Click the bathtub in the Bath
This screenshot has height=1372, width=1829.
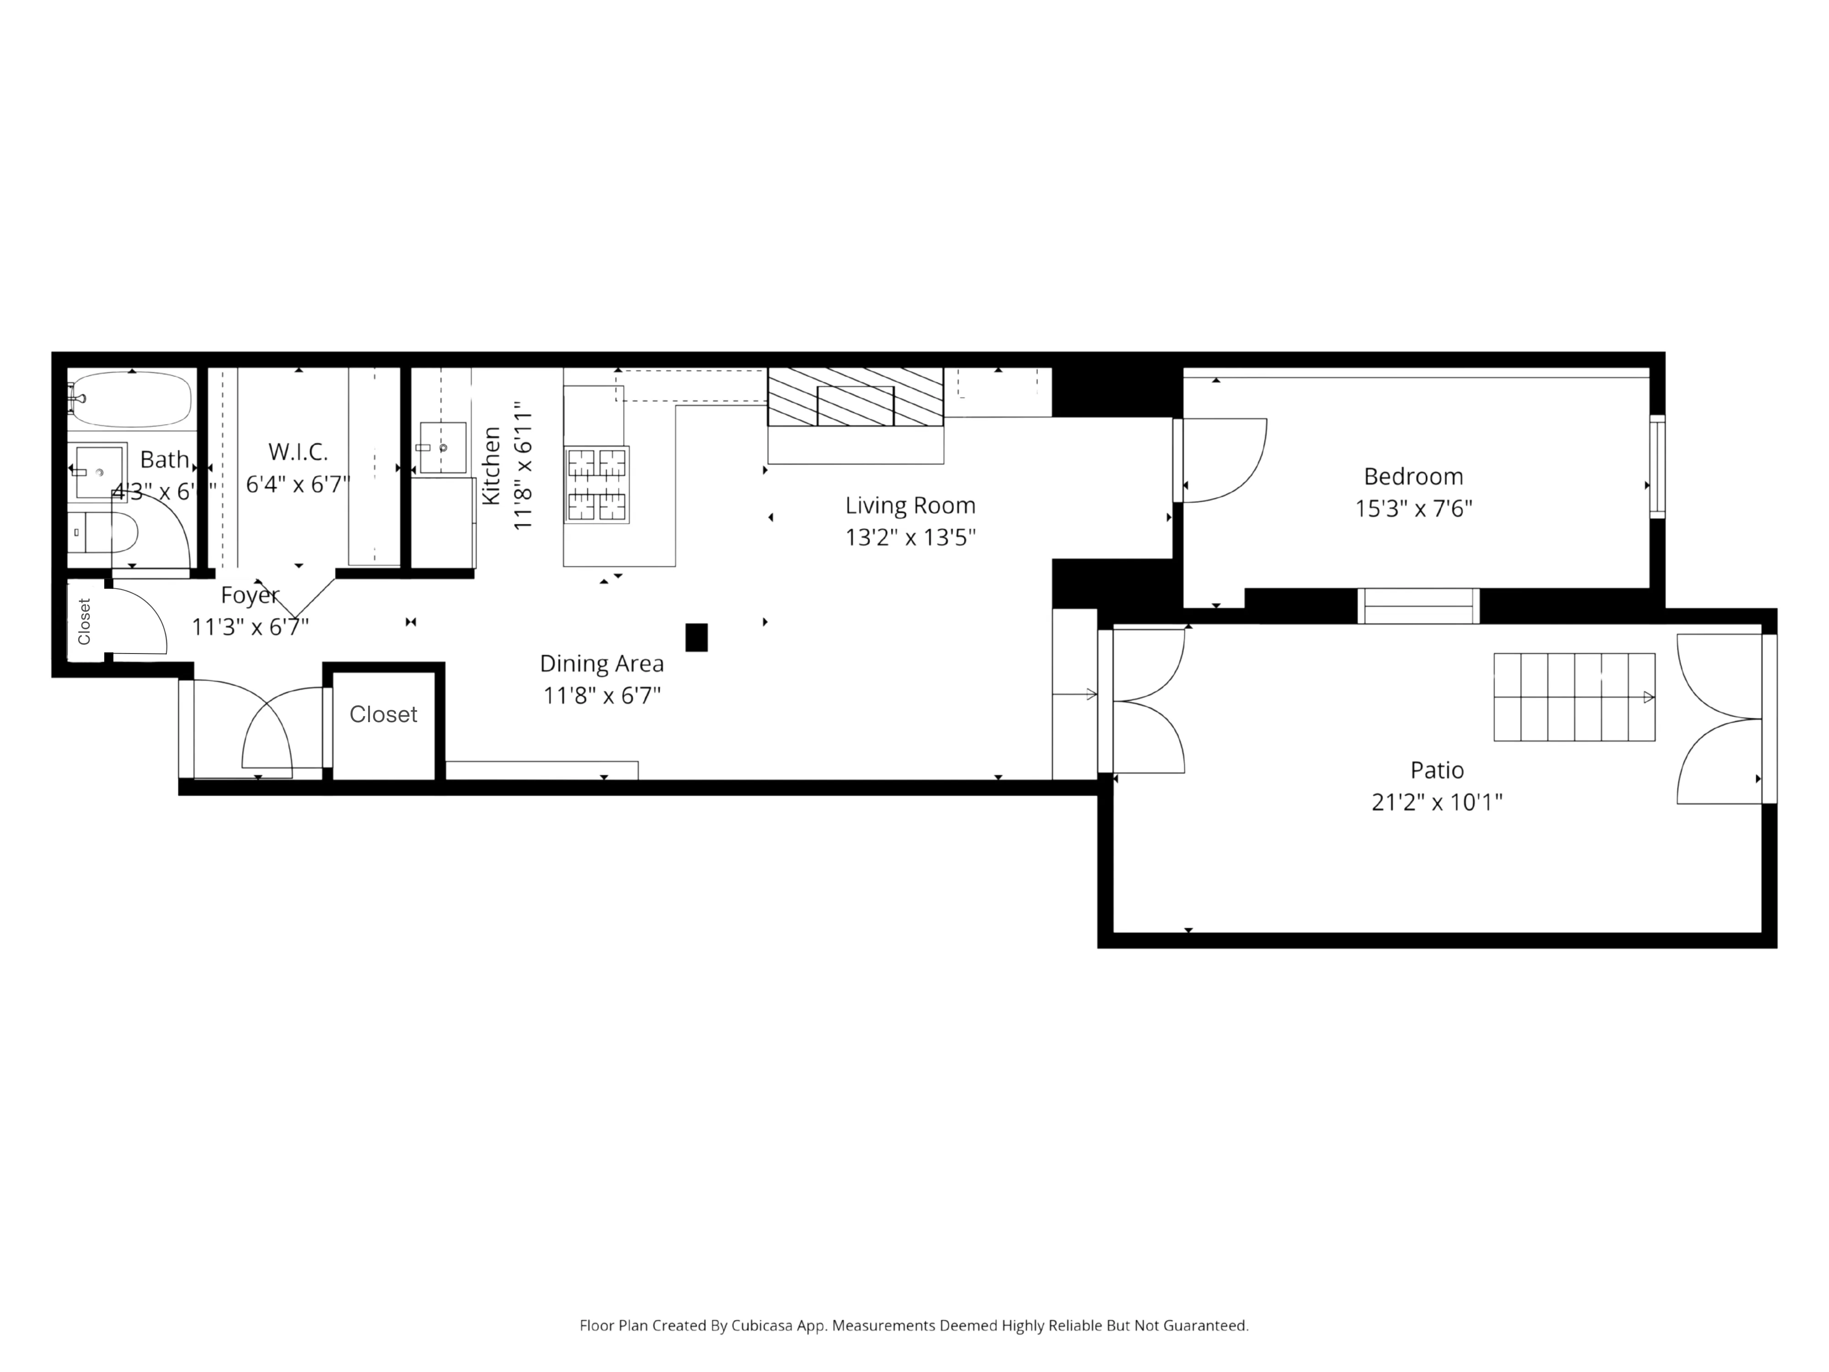click(132, 399)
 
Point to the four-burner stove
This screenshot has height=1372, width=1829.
click(596, 485)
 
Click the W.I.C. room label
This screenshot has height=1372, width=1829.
click(298, 451)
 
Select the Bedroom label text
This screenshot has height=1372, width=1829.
click(1412, 477)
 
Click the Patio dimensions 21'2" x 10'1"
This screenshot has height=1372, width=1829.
click(1436, 802)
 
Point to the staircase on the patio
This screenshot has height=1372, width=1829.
click(1573, 697)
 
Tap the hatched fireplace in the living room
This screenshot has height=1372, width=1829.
click(855, 397)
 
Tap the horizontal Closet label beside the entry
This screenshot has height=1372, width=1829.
click(383, 714)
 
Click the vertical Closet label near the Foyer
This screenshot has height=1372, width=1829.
click(84, 621)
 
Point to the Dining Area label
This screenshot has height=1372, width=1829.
click(601, 663)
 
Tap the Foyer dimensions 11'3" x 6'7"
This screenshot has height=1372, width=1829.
click(250, 627)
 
